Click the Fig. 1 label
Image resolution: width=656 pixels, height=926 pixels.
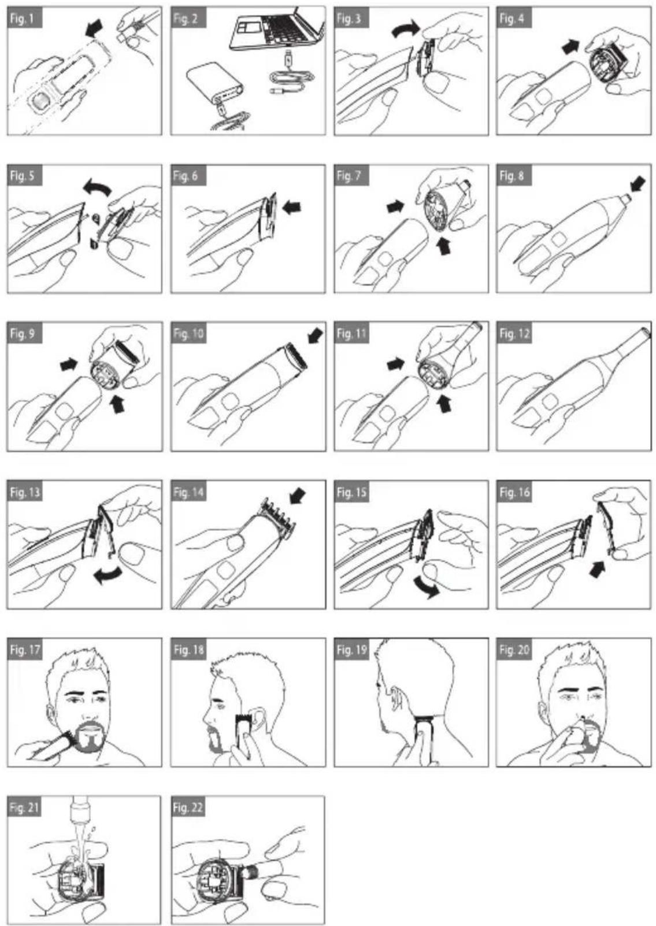pyautogui.click(x=25, y=19)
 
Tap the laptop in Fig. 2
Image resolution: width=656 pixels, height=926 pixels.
pyautogui.click(x=277, y=28)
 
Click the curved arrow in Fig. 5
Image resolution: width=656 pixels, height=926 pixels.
pyautogui.click(x=98, y=186)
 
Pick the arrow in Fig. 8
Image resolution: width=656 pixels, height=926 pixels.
pyautogui.click(x=637, y=182)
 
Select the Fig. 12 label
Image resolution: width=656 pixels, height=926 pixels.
pyautogui.click(x=514, y=334)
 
